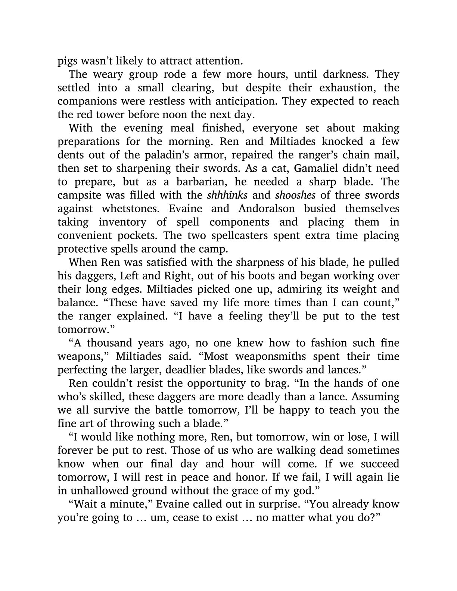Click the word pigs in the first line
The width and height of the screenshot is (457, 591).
68,61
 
